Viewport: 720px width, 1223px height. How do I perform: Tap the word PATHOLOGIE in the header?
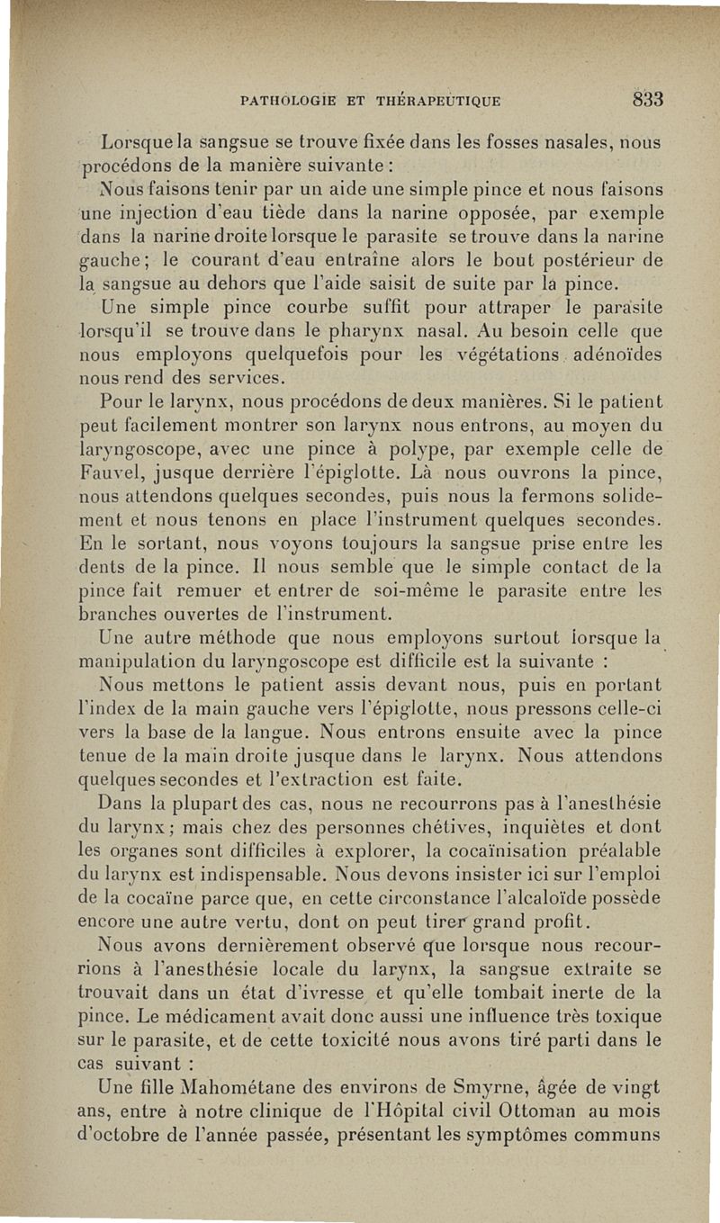pos(289,100)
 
